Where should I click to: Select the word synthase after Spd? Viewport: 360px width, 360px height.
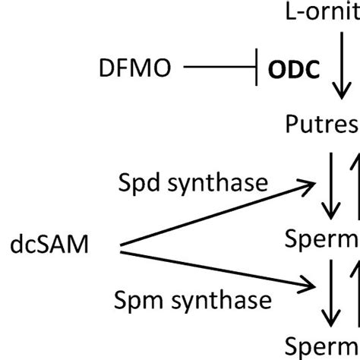pos(227,182)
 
